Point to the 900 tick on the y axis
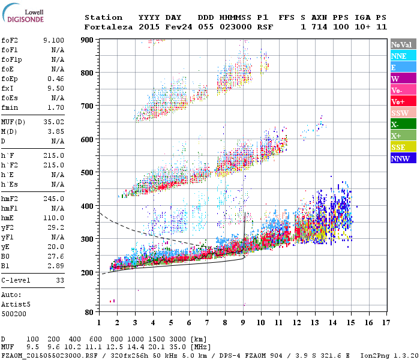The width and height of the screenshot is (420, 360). point(88,40)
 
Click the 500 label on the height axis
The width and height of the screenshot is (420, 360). point(88,172)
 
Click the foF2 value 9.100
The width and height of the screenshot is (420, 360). point(53,40)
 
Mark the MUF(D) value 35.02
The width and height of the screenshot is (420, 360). point(53,121)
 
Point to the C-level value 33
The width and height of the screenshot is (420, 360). point(60,280)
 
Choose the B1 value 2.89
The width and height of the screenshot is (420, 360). point(56,265)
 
